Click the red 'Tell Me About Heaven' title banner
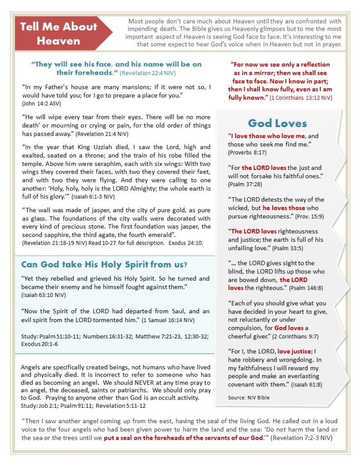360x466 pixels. (59, 33)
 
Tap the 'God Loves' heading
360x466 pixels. (277, 123)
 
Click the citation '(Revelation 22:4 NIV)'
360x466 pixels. (148, 73)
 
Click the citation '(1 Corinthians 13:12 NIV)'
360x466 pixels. (300, 98)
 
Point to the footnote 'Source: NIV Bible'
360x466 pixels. (248, 397)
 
